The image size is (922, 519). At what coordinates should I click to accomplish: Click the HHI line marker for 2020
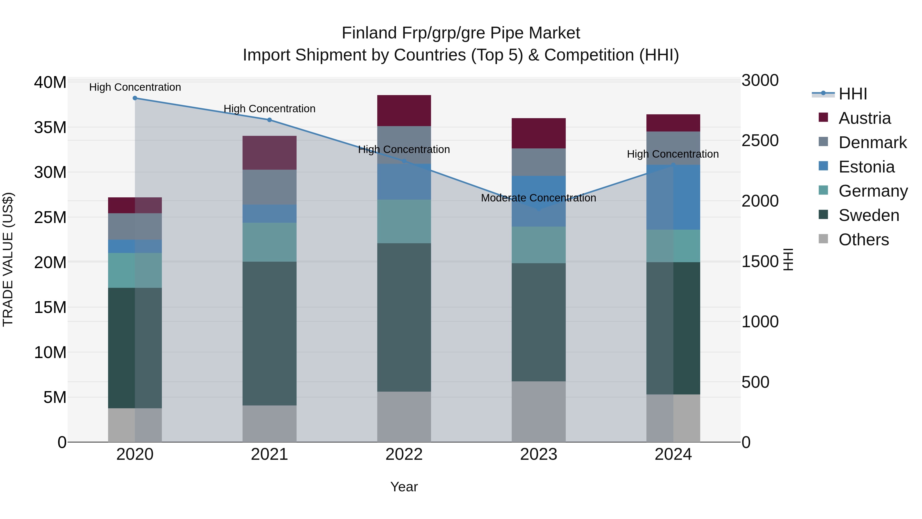point(135,98)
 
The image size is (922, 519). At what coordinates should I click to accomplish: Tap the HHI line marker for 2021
point(269,120)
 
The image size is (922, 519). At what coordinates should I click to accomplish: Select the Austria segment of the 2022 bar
point(404,111)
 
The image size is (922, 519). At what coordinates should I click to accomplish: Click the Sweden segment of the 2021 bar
point(269,333)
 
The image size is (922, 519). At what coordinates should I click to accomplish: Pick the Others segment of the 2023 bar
point(539,412)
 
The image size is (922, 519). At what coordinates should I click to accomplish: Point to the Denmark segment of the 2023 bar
point(539,162)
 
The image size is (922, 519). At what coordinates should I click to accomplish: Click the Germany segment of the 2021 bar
point(269,242)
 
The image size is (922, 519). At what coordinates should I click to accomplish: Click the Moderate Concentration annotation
point(538,198)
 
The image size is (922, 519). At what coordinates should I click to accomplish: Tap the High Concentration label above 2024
point(673,154)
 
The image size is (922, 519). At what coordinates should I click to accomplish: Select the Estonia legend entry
point(866,167)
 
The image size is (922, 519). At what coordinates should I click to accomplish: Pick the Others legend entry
point(863,240)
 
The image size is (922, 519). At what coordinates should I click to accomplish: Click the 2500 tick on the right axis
point(760,141)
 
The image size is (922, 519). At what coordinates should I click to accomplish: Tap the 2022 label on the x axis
point(404,454)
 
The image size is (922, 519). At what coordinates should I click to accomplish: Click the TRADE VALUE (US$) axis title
point(8,259)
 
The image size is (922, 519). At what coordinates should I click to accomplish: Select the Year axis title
point(404,487)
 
